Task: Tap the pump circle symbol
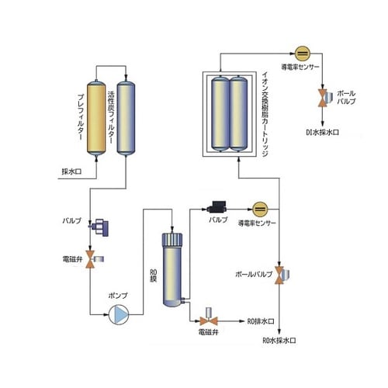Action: [x=120, y=314]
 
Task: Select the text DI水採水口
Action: [x=319, y=131]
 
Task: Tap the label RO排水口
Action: [x=260, y=320]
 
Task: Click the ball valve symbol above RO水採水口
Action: [x=281, y=273]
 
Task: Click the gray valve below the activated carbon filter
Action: [x=97, y=226]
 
